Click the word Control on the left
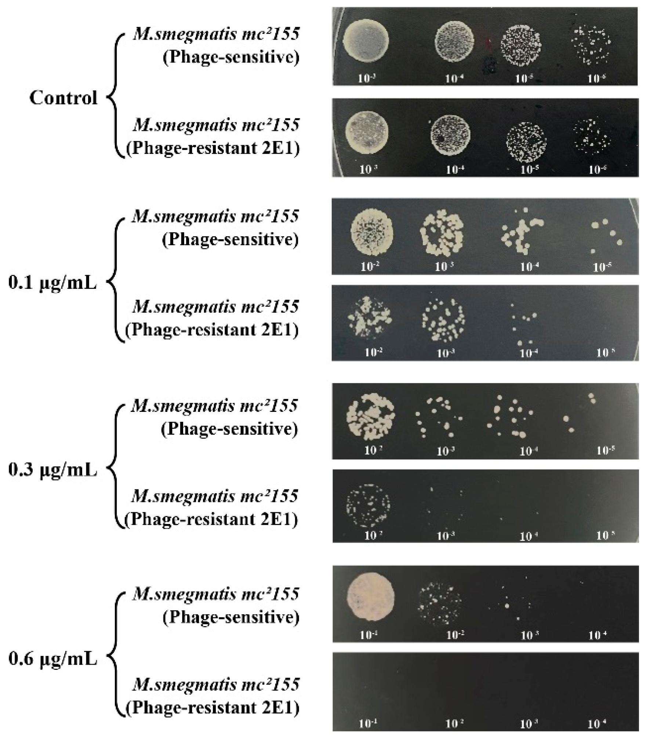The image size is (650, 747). click(63, 98)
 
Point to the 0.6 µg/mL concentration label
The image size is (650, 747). click(52, 659)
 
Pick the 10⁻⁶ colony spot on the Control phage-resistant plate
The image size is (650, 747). click(592, 136)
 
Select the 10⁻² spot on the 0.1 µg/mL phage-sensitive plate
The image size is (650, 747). click(372, 231)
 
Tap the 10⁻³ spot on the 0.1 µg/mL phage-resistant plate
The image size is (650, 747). click(443, 320)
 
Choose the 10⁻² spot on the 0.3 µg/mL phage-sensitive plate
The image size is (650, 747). click(371, 416)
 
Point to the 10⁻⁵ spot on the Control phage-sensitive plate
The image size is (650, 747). click(522, 47)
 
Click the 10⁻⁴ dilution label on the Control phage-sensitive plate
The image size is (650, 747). click(454, 78)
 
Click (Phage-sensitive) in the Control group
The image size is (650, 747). click(231, 57)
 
